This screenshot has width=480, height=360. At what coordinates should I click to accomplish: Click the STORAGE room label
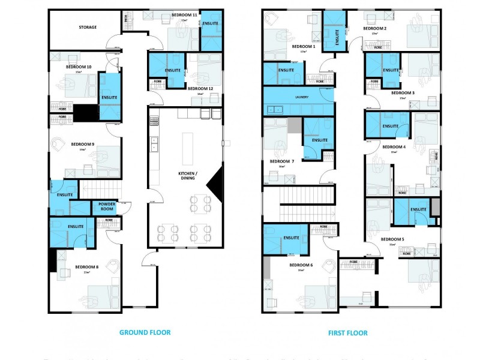tap(88, 28)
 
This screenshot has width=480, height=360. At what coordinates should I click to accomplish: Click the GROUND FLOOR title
tap(145, 332)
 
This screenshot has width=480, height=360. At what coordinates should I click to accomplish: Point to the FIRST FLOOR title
tap(348, 332)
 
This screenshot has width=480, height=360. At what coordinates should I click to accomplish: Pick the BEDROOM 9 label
tap(83, 144)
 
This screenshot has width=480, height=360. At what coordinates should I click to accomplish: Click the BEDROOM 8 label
tap(87, 267)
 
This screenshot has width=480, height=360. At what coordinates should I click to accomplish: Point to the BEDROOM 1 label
tap(303, 46)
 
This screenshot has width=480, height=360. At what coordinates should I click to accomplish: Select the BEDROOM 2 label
tap(374, 28)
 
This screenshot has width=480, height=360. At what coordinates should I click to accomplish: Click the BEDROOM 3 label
tap(403, 93)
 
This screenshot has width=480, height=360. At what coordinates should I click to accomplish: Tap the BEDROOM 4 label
tap(394, 147)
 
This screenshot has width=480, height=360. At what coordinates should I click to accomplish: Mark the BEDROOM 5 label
tap(392, 239)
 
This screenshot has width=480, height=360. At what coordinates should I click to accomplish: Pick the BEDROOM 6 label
tap(301, 265)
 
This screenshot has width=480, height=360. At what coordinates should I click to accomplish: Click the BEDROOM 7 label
tap(281, 161)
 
